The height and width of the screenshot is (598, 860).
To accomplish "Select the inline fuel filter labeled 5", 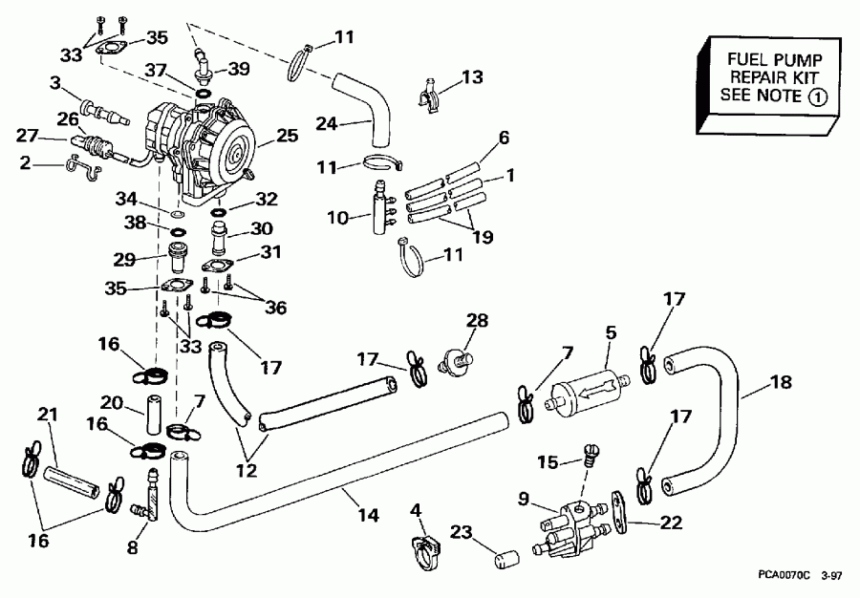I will [586, 393].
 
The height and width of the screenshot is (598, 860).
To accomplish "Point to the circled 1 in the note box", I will [818, 96].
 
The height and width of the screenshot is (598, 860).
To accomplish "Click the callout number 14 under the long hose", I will [369, 515].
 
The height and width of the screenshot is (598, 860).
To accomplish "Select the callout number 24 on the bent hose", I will [327, 122].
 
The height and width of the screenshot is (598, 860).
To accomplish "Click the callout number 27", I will [26, 135].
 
